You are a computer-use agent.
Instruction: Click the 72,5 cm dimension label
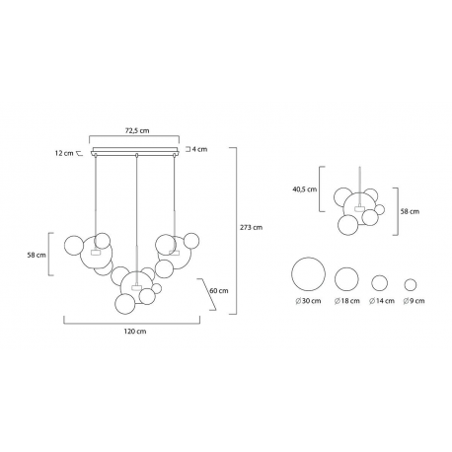pos(137,130)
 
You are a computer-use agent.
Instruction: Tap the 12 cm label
pos(64,153)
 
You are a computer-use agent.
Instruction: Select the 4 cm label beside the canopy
pos(199,149)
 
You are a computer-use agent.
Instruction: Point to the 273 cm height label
pos(251,227)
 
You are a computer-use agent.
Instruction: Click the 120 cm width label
pos(135,331)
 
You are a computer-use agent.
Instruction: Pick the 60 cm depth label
pos(219,291)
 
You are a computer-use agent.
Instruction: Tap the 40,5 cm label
pos(305,189)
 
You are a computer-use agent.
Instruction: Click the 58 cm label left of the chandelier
pos(37,255)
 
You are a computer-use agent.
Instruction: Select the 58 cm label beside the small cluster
pos(410,211)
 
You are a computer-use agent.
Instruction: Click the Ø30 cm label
pos(308,301)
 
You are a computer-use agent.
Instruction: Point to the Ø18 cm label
pos(347,301)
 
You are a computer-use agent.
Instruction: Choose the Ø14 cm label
pos(382,301)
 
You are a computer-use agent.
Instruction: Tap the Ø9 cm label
pos(414,301)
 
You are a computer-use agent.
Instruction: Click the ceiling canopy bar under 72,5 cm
pos(135,150)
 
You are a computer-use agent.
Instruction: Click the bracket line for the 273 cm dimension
pos(236,231)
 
